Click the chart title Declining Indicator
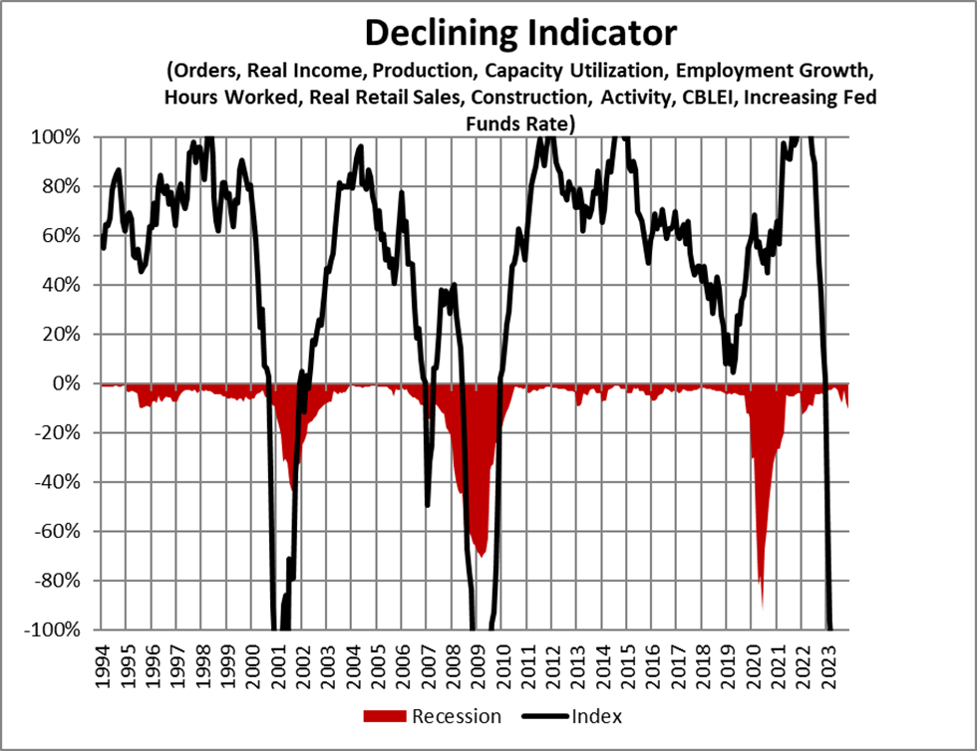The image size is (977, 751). click(x=519, y=33)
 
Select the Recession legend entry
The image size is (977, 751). click(x=456, y=716)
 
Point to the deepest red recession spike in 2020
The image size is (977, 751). click(x=763, y=603)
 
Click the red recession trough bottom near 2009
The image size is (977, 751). click(x=482, y=556)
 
